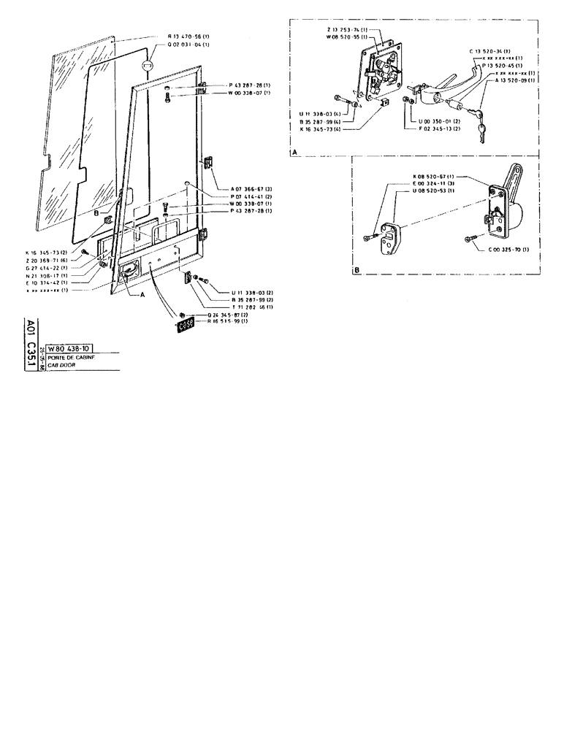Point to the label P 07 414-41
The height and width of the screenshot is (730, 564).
pos(251,196)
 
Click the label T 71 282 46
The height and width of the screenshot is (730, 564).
pos(252,307)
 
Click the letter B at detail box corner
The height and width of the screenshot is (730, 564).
pos(356,269)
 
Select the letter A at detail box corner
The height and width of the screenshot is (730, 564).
pos(294,152)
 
